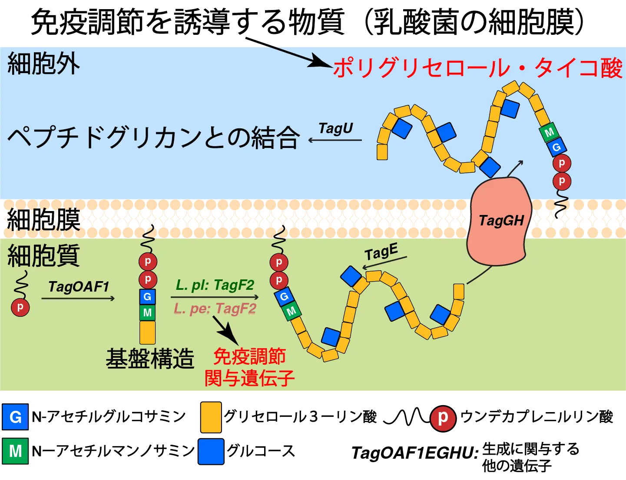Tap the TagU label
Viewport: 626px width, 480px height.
click(335, 128)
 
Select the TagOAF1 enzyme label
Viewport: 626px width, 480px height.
click(79, 286)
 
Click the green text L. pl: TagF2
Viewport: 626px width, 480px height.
click(215, 285)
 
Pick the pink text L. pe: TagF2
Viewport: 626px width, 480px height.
click(215, 309)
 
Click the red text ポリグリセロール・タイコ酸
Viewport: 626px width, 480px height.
click(478, 68)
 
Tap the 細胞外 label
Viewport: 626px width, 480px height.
click(43, 64)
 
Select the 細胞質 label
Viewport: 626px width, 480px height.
click(43, 255)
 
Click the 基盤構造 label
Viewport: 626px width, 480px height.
click(150, 359)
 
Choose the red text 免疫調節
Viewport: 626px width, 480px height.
click(249, 356)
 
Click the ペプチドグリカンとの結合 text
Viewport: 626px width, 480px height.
click(153, 138)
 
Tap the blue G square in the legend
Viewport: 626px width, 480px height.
click(15, 417)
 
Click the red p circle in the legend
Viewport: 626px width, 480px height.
click(442, 418)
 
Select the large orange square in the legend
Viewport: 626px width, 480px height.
click(211, 417)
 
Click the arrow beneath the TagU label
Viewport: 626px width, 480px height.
click(335, 140)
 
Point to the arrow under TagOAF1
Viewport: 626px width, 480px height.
click(78, 298)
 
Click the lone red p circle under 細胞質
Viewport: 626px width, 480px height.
click(20, 307)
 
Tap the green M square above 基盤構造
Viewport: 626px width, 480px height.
click(147, 312)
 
